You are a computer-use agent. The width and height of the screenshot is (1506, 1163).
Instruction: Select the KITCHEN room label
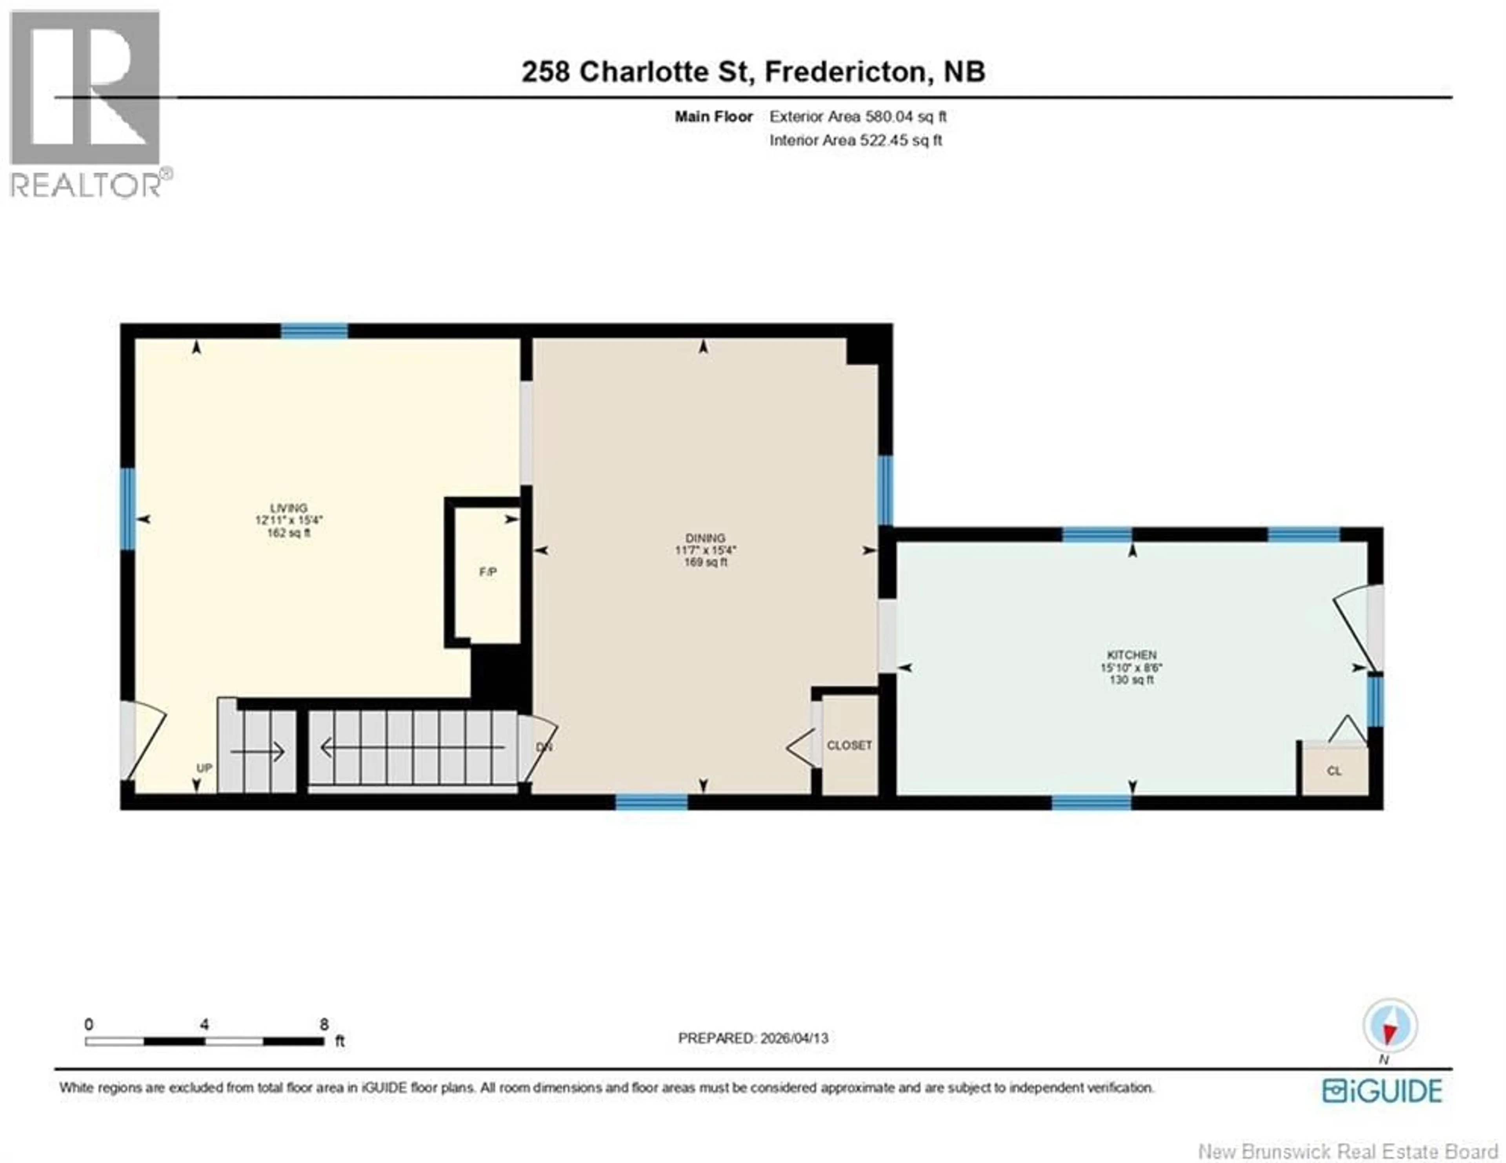click(x=1131, y=654)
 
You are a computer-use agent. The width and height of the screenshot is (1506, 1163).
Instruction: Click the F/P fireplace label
click(x=487, y=572)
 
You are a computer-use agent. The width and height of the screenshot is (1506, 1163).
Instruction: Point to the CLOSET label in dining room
click(x=849, y=746)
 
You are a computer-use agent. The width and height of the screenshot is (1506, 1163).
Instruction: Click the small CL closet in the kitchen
click(x=1333, y=771)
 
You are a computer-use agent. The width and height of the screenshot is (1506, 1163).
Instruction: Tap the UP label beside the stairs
click(x=204, y=768)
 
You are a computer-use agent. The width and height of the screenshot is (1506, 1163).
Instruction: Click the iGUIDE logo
click(x=1382, y=1090)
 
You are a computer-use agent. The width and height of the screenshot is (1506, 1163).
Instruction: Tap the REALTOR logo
click(x=86, y=104)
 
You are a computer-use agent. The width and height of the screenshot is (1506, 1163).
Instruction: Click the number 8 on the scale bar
click(x=324, y=1024)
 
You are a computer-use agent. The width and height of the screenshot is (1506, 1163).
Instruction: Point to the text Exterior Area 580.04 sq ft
click(x=857, y=117)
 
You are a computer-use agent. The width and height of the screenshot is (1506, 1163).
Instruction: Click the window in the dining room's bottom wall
click(x=651, y=802)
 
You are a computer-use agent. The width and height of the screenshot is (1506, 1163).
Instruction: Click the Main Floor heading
click(x=713, y=117)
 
